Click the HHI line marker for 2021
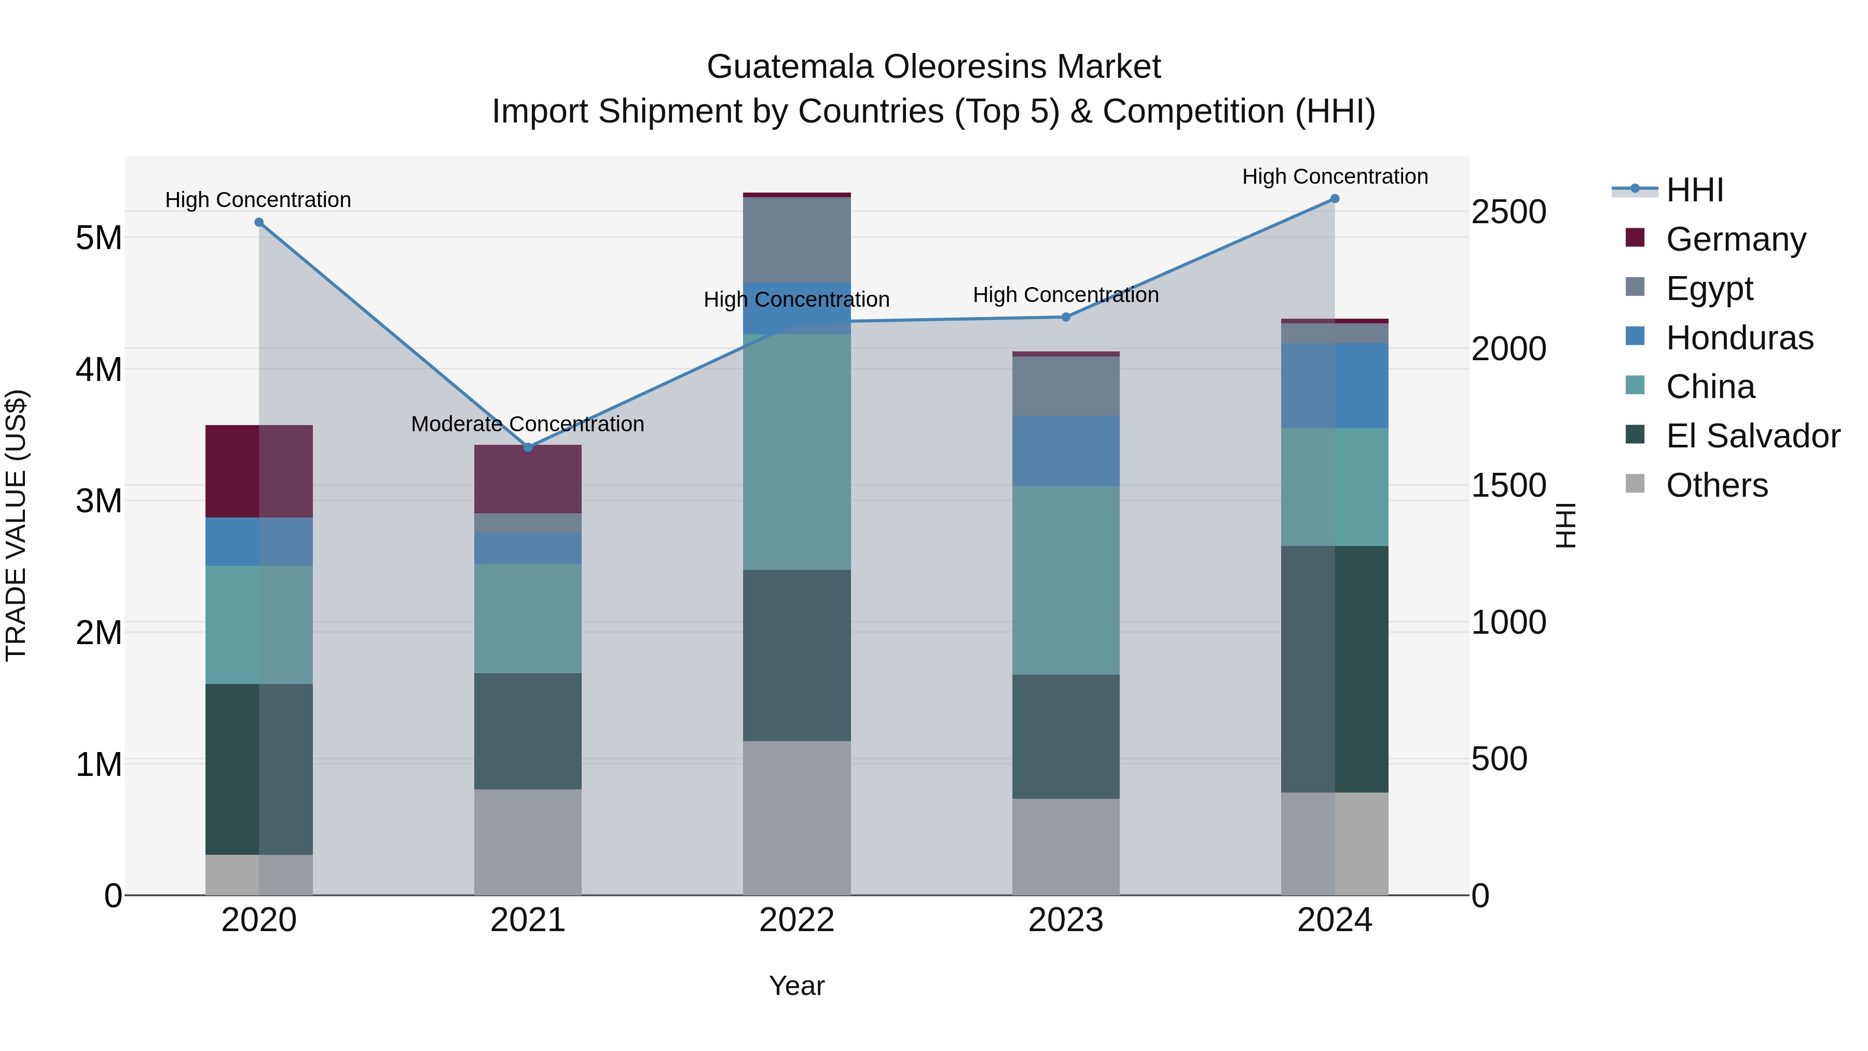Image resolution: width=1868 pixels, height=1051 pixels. (x=528, y=447)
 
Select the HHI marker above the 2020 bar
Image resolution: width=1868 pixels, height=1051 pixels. (x=259, y=223)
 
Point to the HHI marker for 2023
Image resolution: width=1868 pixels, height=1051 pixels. (x=1065, y=317)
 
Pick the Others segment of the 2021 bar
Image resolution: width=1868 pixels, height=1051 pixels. (x=528, y=841)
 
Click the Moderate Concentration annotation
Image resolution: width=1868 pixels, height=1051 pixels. (x=527, y=425)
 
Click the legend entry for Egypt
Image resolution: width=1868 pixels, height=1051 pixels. (x=1709, y=289)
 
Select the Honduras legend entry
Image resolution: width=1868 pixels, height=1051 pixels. (x=1739, y=338)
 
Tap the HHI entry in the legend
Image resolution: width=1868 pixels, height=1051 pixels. (x=1694, y=190)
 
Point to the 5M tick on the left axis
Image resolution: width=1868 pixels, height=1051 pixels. (x=99, y=238)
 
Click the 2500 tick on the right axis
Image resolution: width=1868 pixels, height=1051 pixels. (x=1508, y=212)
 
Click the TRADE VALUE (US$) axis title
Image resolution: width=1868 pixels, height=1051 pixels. (x=16, y=525)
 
